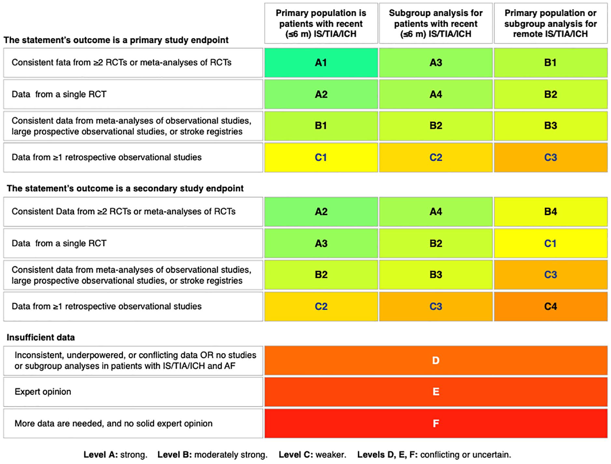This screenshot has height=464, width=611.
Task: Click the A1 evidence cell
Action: (x=321, y=62)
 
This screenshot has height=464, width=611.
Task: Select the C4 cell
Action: (x=550, y=307)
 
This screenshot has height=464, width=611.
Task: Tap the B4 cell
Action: (x=550, y=212)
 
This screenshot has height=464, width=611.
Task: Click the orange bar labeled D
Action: (x=436, y=361)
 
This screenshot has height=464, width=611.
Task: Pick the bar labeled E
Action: (x=436, y=392)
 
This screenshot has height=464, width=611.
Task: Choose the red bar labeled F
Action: (x=436, y=423)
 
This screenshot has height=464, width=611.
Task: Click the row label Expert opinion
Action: (x=43, y=391)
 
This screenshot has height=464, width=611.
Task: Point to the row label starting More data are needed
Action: (x=114, y=423)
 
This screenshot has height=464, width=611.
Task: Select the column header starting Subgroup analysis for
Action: (x=436, y=23)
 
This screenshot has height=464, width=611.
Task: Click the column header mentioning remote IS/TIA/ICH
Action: (x=550, y=23)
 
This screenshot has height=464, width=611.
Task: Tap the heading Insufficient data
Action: (x=41, y=337)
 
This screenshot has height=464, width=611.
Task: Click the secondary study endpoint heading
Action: (x=125, y=188)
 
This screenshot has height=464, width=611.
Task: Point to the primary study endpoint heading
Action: (x=116, y=40)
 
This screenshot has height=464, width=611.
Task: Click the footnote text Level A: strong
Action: (x=116, y=455)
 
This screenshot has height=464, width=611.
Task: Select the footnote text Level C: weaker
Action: (x=312, y=455)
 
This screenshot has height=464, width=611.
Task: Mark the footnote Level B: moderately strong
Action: (x=213, y=455)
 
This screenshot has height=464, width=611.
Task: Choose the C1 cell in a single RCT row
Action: (x=550, y=243)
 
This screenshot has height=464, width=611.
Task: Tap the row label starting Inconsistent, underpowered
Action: (x=135, y=361)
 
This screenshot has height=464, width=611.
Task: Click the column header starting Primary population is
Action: (x=321, y=23)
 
